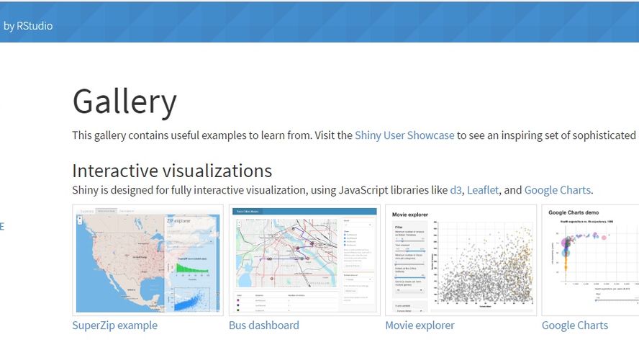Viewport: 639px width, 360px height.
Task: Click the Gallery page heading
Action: coord(124,102)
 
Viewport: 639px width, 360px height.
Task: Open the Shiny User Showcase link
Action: coord(404,135)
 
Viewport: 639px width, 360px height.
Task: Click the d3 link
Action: coord(456,190)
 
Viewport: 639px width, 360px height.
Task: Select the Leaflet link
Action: coord(481,190)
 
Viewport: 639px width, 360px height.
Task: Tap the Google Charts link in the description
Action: coord(557,190)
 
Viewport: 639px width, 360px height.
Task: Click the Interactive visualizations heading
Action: coord(172,171)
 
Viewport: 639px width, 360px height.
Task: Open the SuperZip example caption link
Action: coord(114,325)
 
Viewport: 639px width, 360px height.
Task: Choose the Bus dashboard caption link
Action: coord(263,325)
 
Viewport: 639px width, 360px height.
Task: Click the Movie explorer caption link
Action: coord(420,325)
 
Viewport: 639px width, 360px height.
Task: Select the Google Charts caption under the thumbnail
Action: coord(574,325)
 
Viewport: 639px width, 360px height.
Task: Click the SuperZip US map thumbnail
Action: coord(148,260)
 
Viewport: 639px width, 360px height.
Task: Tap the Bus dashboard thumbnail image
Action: coord(304,260)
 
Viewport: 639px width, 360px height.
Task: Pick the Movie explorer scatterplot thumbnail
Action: coord(461,260)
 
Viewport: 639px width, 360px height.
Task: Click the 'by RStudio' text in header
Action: coord(28,26)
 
